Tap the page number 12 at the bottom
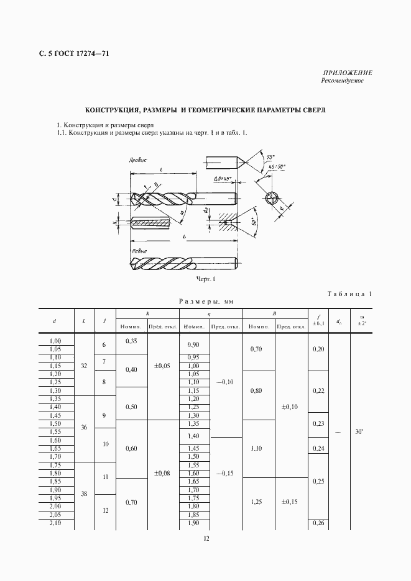pyautogui.click(x=206, y=538)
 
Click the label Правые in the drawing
pyautogui.click(x=137, y=159)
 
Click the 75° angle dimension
pyautogui.click(x=269, y=158)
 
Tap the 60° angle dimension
pyautogui.click(x=254, y=222)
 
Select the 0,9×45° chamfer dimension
pyautogui.click(x=222, y=179)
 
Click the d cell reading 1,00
pyautogui.click(x=55, y=341)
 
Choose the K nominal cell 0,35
pyautogui.click(x=131, y=341)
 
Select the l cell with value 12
pyautogui.click(x=104, y=510)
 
